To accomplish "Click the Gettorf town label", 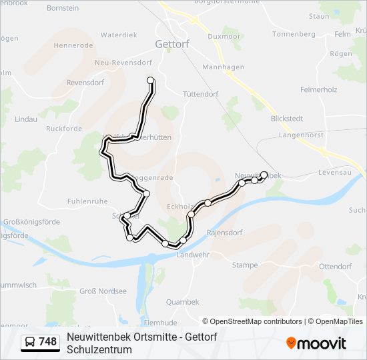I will click(x=172, y=43).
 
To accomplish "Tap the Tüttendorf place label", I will click(x=200, y=95).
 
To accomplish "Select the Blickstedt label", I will click(x=287, y=119).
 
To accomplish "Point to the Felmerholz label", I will click(x=319, y=89).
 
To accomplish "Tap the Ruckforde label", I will click(x=64, y=129).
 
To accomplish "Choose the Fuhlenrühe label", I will click(x=87, y=201).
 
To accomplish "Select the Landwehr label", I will click(x=192, y=255).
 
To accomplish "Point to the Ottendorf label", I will click(x=335, y=266).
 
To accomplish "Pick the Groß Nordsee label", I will click(x=103, y=291).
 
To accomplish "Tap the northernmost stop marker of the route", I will click(x=150, y=81).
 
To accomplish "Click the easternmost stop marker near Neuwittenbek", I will click(x=264, y=175).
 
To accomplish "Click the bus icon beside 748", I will click(x=30, y=342).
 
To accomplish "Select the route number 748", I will click(x=48, y=342).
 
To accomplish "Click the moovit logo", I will click(x=316, y=343).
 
